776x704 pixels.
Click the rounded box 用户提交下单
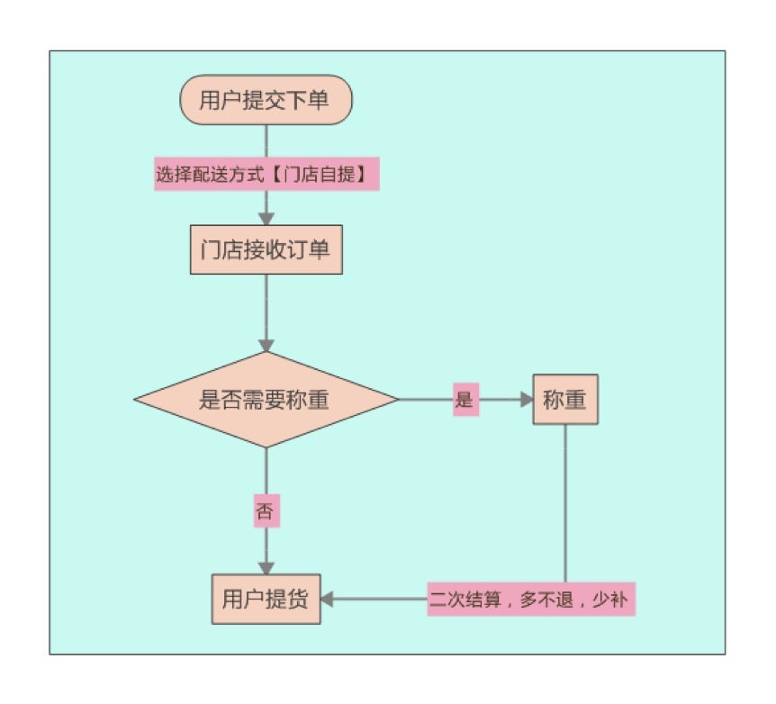pyautogui.click(x=266, y=100)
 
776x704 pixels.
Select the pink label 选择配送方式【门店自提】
pyautogui.click(x=266, y=176)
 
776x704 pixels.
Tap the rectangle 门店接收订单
pyautogui.click(x=266, y=249)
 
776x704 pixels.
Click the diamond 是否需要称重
pyautogui.click(x=266, y=400)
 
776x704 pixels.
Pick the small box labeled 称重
pyautogui.click(x=564, y=400)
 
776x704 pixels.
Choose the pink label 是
pyautogui.click(x=465, y=401)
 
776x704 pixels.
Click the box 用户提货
pyautogui.click(x=266, y=599)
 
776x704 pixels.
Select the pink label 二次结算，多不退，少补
pyautogui.click(x=531, y=600)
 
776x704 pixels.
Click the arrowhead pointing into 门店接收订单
pyautogui.click(x=266, y=218)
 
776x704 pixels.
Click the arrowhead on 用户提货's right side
pyautogui.click(x=327, y=599)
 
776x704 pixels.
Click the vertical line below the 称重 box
pyautogui.click(x=565, y=504)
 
